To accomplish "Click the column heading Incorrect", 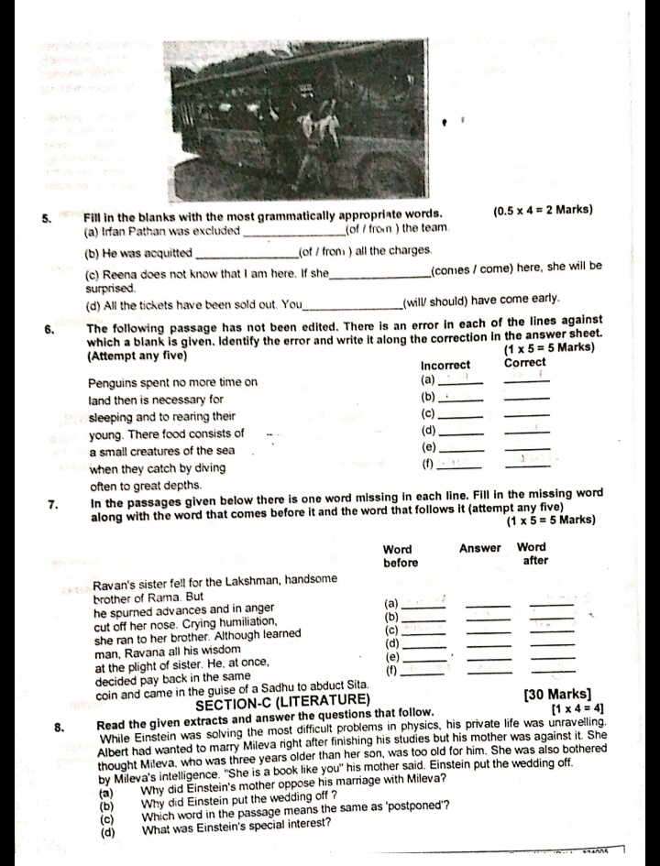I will point(445,364).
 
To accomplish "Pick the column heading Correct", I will point(524,363).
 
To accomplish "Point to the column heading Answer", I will point(480,548).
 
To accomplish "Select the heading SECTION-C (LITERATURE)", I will point(283,701).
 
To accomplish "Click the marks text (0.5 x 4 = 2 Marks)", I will point(542,210).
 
